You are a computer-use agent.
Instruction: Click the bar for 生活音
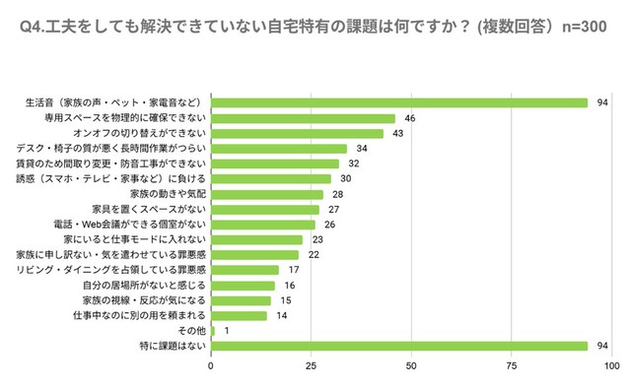tap(399, 102)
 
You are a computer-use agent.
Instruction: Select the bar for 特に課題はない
tap(399, 346)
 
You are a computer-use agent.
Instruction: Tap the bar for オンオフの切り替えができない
tap(297, 133)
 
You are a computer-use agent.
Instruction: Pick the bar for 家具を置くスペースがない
tap(265, 209)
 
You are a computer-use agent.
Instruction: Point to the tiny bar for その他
tap(213, 331)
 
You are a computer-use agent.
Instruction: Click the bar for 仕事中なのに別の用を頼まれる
tap(239, 315)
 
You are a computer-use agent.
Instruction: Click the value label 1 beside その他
tap(227, 331)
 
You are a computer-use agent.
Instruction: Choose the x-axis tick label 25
tap(311, 366)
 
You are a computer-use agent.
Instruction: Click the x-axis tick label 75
tap(511, 366)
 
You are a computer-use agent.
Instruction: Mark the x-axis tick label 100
tap(610, 366)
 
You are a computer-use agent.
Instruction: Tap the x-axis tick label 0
tap(211, 366)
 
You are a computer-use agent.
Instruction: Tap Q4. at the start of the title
tap(36, 29)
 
